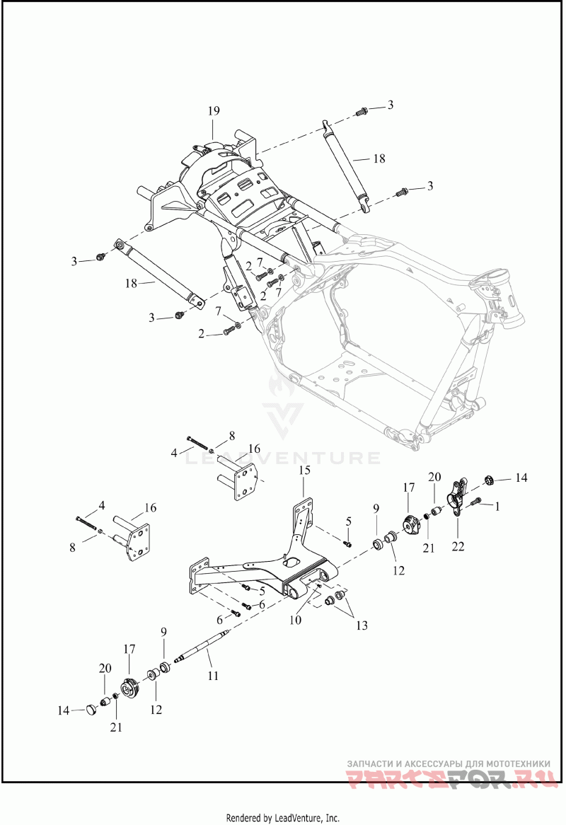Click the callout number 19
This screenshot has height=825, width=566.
(214, 110)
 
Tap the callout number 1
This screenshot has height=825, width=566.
(497, 506)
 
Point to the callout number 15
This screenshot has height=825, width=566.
(304, 471)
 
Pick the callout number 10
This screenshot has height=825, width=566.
(295, 620)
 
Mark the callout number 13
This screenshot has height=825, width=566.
(363, 625)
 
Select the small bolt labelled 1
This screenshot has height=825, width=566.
(476, 503)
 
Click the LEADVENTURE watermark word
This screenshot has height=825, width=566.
(282, 458)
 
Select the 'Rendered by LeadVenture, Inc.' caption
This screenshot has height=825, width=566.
(282, 818)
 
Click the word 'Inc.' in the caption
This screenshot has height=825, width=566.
(331, 818)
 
